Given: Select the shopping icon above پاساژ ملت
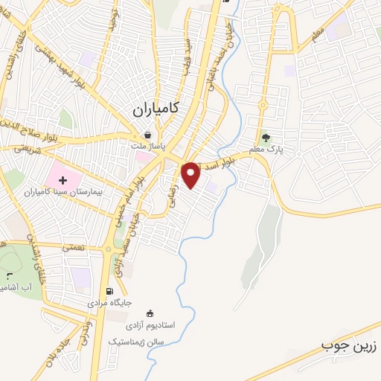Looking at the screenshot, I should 147,135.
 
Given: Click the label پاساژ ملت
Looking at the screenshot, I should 153,147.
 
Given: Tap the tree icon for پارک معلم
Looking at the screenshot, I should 265,137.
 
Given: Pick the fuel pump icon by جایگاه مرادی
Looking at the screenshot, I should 110,292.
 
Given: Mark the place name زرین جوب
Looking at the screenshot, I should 350,346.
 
